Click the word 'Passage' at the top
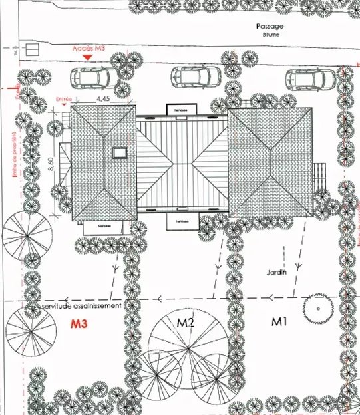point(269,26)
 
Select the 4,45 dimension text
point(102,98)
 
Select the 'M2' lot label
point(185,323)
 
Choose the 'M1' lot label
point(279,321)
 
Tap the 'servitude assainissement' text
point(81,306)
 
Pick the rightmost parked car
point(310,79)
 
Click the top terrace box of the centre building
point(182,109)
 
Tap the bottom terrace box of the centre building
point(182,221)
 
